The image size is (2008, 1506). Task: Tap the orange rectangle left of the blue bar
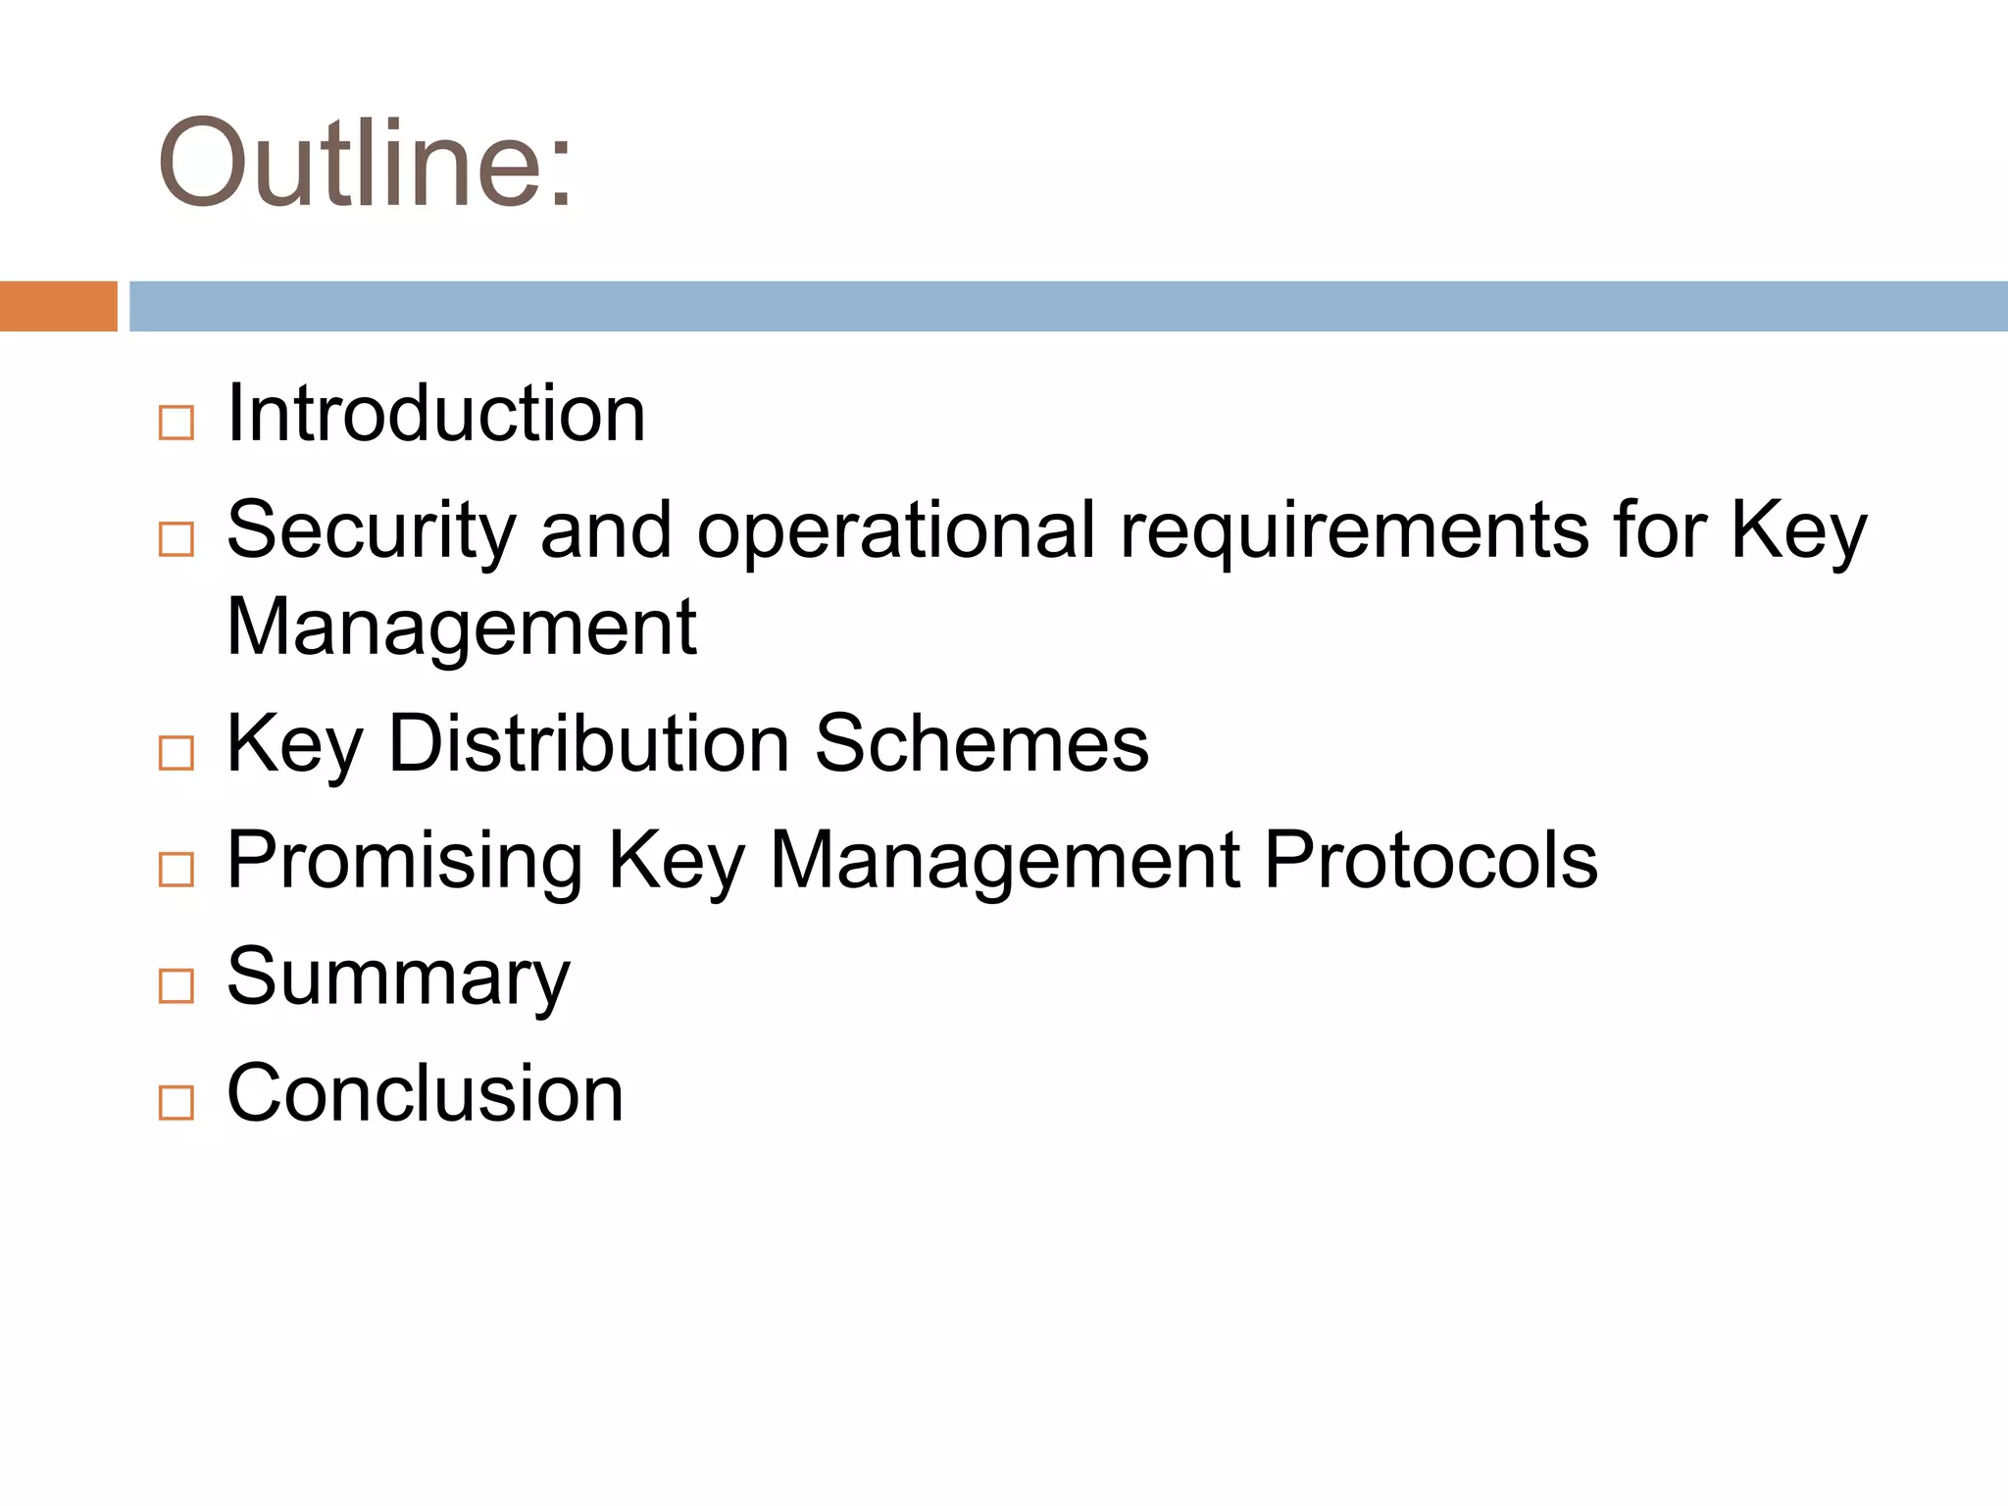(58, 306)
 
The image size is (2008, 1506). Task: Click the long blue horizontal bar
(1068, 306)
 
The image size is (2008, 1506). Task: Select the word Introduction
(435, 414)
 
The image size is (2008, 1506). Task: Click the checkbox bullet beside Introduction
(176, 424)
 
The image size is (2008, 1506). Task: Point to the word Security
(371, 530)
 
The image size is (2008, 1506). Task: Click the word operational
(895, 530)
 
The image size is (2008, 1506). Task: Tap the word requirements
(1353, 530)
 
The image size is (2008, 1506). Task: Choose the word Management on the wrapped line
(461, 627)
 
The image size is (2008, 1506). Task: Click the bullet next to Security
(176, 539)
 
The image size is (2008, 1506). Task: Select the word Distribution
(589, 743)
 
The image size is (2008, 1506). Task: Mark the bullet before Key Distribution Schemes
(176, 753)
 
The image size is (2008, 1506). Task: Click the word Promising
(405, 860)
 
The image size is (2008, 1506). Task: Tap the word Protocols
(1431, 860)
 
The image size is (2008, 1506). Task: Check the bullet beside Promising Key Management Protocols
(176, 870)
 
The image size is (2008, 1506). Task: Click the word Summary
(398, 977)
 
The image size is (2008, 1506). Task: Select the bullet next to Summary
(176, 986)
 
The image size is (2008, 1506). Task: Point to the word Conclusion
(425, 1093)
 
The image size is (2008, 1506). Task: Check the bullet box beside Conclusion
(176, 1103)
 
